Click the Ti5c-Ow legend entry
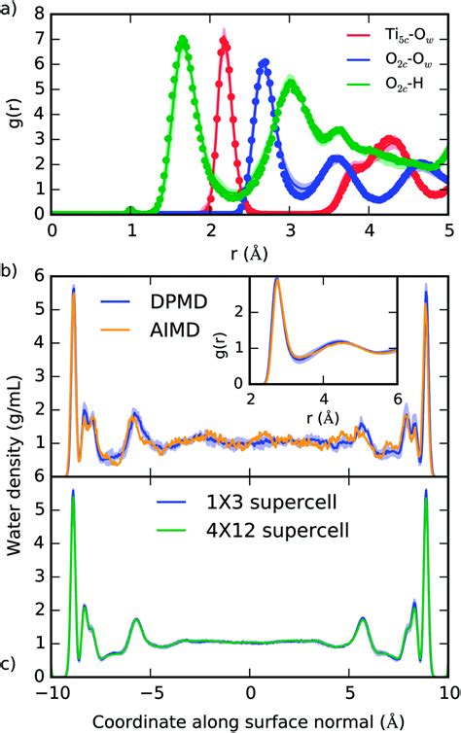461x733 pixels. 390,36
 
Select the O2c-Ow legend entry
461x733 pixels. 390,60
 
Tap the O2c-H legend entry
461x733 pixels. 385,85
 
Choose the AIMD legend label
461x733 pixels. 150,330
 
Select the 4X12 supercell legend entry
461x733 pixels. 252,531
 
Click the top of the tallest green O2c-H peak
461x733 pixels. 182,38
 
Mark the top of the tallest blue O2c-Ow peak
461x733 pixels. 265,61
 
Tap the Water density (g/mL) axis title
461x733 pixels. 15,465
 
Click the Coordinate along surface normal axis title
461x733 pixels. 248,721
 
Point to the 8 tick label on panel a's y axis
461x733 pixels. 40,15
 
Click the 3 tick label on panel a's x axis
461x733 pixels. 291,230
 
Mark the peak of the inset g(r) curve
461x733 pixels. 277,280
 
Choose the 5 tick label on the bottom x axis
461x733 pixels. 350,693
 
